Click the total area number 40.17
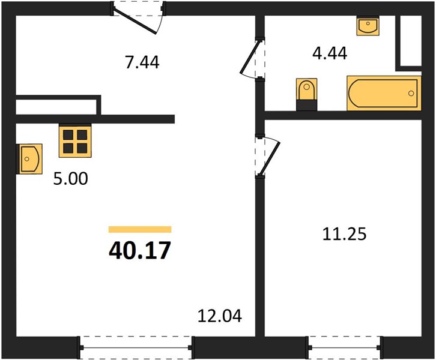[x=140, y=250]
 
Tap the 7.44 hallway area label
[x=142, y=62]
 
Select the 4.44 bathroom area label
[x=330, y=53]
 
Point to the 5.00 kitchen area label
[x=71, y=179]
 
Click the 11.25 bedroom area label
[x=344, y=234]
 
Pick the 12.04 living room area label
[x=220, y=316]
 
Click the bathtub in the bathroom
[x=384, y=93]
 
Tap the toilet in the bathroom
[x=307, y=94]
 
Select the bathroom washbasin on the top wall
[x=368, y=26]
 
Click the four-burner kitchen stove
[x=75, y=141]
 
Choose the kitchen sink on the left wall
[x=29, y=159]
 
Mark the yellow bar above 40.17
[x=140, y=229]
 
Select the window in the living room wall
[x=136, y=347]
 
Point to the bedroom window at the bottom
[x=345, y=347]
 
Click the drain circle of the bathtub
[x=411, y=94]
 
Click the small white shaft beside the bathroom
[x=411, y=41]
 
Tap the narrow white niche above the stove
[x=56, y=107]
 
